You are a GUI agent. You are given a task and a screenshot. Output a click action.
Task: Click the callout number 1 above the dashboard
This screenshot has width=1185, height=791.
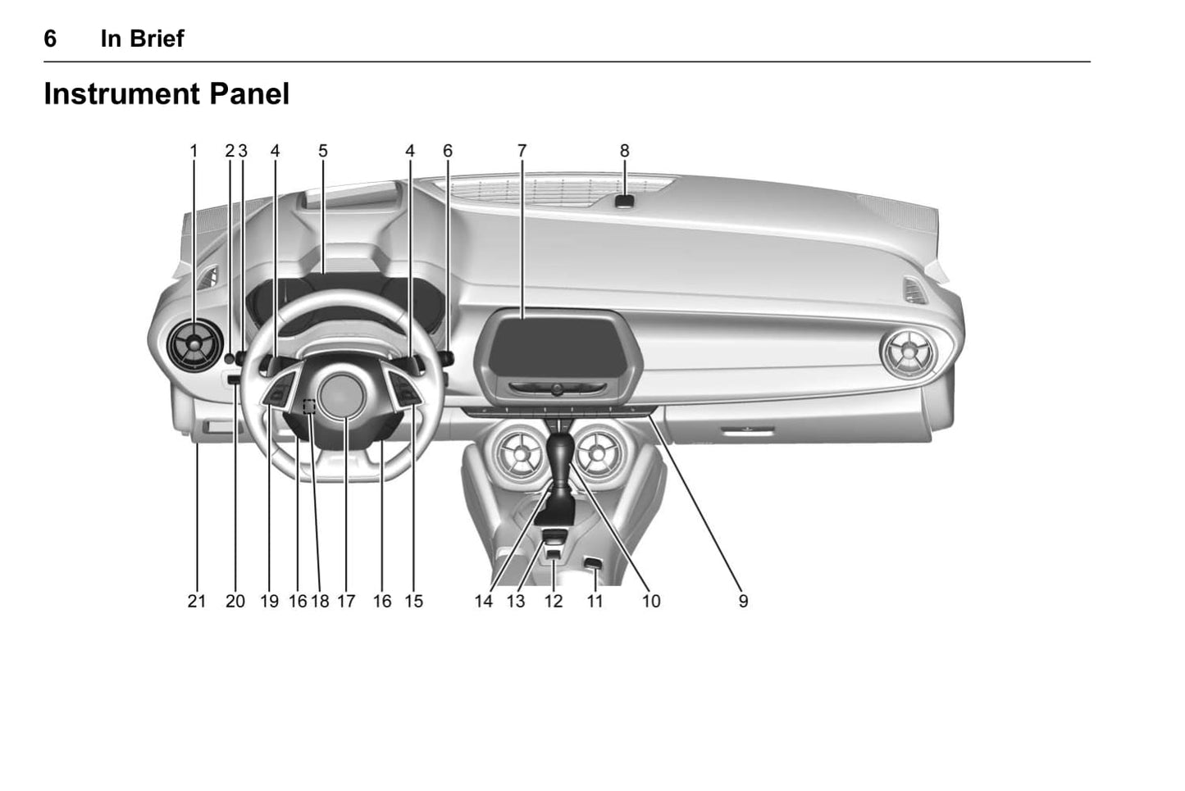click(x=194, y=151)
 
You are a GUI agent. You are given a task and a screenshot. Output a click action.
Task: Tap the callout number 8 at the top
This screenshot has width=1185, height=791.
click(x=625, y=151)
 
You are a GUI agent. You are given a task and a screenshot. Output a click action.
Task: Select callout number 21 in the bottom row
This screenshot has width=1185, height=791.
click(x=196, y=601)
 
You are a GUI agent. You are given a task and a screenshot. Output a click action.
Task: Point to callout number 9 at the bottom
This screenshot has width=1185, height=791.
click(x=743, y=601)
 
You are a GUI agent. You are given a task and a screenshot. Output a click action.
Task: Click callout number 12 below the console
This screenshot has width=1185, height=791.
click(x=554, y=601)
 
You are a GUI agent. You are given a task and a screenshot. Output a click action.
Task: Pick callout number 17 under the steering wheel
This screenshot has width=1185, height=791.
click(x=346, y=601)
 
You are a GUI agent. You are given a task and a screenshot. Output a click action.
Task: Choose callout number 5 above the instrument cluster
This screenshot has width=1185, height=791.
click(x=323, y=151)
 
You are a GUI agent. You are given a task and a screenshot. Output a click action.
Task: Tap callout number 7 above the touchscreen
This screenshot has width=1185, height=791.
click(x=522, y=151)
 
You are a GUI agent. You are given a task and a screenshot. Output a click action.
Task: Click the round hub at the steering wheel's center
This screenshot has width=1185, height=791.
click(x=340, y=393)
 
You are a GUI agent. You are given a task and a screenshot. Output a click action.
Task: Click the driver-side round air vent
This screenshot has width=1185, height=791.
click(x=194, y=345)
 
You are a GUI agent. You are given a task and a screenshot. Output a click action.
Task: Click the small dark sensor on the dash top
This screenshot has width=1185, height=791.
click(x=625, y=202)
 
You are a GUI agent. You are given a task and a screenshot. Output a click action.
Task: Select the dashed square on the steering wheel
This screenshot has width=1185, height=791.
click(x=309, y=406)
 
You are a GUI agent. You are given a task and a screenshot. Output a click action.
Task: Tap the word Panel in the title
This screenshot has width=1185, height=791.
click(x=249, y=94)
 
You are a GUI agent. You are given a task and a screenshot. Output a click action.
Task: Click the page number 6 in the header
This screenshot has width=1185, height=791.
click(x=50, y=39)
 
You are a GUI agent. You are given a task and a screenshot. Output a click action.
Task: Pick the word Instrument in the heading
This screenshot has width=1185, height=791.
click(x=121, y=94)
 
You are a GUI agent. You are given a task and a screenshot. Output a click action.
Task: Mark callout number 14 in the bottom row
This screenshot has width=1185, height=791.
click(x=484, y=601)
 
